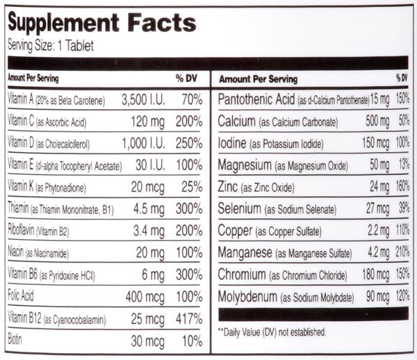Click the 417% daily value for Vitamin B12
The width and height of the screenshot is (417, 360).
pos(188,320)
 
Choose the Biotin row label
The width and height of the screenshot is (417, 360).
pos(15,341)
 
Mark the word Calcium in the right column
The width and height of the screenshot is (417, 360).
pos(235,122)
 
